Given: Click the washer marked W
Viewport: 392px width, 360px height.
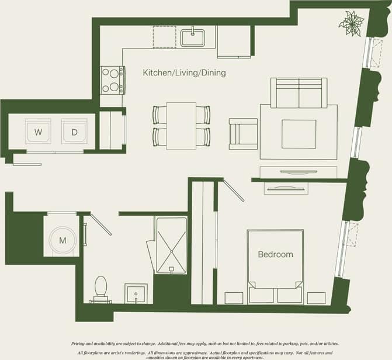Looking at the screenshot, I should tap(39, 133).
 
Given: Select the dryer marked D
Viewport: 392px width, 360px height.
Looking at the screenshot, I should tap(74, 133).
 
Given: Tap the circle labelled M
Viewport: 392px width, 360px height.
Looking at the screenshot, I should tap(61, 240).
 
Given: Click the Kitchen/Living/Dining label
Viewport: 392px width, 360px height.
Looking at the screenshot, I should tap(184, 74).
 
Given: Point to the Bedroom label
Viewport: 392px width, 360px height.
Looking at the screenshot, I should tap(276, 255).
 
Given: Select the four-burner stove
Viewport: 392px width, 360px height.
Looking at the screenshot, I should tap(112, 80).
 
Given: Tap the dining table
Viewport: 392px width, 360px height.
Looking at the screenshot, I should tap(181, 125).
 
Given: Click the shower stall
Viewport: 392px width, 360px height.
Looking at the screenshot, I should tap(171, 245).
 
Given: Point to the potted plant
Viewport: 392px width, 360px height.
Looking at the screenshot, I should tap(352, 24).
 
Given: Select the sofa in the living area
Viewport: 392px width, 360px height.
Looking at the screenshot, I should tap(299, 93).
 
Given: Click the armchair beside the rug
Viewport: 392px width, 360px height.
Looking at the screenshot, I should tap(242, 134).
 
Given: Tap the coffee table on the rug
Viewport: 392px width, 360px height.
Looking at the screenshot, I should tap(299, 134).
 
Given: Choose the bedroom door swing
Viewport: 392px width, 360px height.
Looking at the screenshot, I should tap(233, 190).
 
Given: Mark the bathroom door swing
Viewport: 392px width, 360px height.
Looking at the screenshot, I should tap(98, 224).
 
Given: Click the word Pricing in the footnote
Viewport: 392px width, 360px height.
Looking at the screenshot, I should tap(81, 344).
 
